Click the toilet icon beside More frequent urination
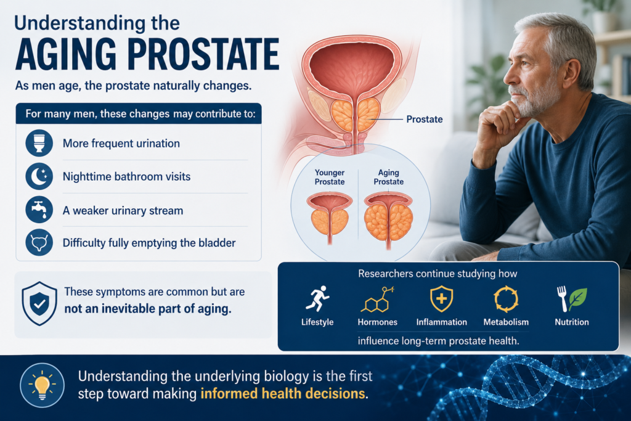tap(39, 143)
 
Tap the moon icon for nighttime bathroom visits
tap(39, 176)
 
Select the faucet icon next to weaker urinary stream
tap(39, 210)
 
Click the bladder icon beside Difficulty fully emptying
tap(39, 243)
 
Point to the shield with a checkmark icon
tap(39, 303)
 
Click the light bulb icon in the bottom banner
tap(43, 385)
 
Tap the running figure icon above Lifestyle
tap(317, 298)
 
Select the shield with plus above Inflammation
tap(441, 298)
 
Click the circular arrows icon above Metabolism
tap(506, 299)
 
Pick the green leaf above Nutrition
tap(578, 298)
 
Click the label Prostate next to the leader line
tap(424, 119)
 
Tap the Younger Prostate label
tap(330, 177)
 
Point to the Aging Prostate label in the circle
tap(388, 177)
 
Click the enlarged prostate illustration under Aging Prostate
tap(388, 219)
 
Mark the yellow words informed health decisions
tap(282, 393)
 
